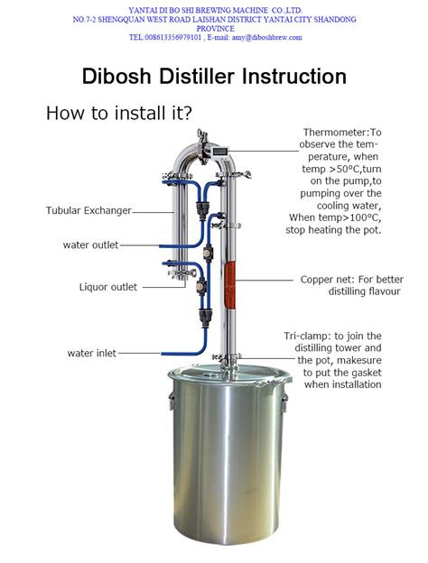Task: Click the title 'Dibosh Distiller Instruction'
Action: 214,76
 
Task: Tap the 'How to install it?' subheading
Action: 118,114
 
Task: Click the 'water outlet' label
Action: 90,245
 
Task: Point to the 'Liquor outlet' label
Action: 108,287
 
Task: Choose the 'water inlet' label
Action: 91,353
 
